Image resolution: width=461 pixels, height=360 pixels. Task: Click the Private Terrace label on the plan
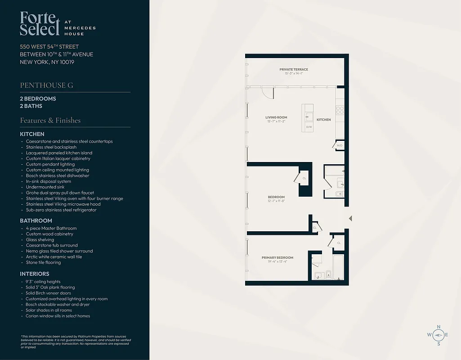point(293,69)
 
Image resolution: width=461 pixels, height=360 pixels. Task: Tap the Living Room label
point(276,117)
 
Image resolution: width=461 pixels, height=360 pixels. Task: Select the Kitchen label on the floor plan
point(323,120)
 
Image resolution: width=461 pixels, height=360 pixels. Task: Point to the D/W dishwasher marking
point(309,127)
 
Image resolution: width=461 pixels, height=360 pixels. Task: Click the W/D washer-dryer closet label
point(340,145)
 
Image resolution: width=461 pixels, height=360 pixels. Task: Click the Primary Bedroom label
point(277,258)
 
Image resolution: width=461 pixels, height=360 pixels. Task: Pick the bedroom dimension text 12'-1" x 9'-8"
point(276,201)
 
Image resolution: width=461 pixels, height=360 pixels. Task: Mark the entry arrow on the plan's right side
point(350,219)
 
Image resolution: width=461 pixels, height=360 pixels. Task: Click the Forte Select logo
point(40,23)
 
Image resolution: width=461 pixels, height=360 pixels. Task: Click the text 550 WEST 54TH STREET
point(49,47)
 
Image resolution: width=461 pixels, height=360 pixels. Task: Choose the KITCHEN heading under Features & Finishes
point(32,134)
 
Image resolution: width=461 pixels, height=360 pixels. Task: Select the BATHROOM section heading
point(36,220)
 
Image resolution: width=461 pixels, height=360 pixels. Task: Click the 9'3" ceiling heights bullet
point(44,282)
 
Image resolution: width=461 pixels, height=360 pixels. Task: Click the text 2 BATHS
point(31,106)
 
